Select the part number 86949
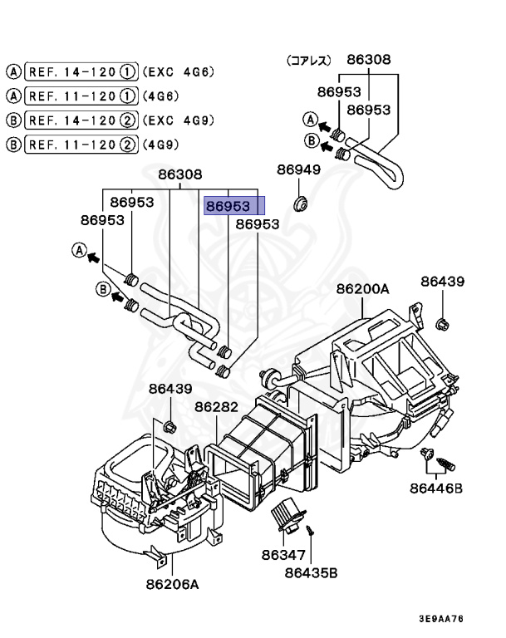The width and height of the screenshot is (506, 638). pyautogui.click(x=298, y=170)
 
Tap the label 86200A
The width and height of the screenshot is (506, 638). pyautogui.click(x=362, y=289)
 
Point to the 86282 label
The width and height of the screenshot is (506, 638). pyautogui.click(x=217, y=407)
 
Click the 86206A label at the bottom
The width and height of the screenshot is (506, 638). pyautogui.click(x=172, y=584)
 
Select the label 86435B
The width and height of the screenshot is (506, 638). pyautogui.click(x=311, y=572)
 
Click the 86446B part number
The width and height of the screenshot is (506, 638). pyautogui.click(x=435, y=488)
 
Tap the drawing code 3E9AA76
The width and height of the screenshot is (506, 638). pyautogui.click(x=441, y=619)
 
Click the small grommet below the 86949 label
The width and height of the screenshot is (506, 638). pyautogui.click(x=301, y=202)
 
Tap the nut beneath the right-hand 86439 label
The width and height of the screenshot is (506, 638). pyautogui.click(x=441, y=322)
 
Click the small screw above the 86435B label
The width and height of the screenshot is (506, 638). pyautogui.click(x=309, y=528)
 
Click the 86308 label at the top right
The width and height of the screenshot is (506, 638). pyautogui.click(x=368, y=60)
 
